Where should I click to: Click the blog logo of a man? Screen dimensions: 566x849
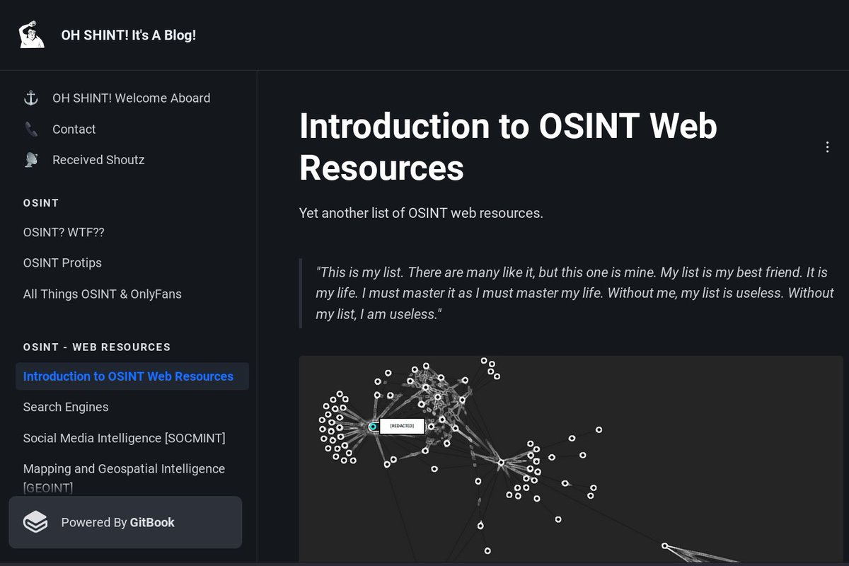click(x=31, y=35)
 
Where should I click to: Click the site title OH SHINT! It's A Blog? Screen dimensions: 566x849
click(x=128, y=35)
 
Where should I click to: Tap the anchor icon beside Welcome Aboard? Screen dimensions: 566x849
click(x=31, y=98)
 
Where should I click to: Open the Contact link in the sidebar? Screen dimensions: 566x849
click(x=74, y=129)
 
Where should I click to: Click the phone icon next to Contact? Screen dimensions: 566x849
click(x=31, y=129)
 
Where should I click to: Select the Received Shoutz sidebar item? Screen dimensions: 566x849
click(x=98, y=160)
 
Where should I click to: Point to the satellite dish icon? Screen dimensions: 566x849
click(x=31, y=160)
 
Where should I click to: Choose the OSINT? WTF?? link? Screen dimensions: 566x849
click(x=64, y=232)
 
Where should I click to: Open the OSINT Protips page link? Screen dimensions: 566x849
click(x=62, y=262)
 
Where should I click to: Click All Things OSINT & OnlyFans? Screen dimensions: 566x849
click(x=102, y=294)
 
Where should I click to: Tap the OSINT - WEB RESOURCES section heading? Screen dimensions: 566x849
click(x=97, y=347)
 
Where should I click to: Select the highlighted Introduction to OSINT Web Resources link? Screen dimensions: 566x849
click(x=128, y=376)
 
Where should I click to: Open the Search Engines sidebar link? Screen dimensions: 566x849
click(x=66, y=407)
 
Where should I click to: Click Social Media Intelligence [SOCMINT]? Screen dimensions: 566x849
click(x=124, y=438)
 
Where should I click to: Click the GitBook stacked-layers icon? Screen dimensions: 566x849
click(x=35, y=522)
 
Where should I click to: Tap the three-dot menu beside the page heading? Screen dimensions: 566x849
click(x=827, y=147)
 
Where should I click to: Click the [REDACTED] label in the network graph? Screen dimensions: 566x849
click(x=402, y=426)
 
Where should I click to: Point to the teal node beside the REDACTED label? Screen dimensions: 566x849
click(x=373, y=427)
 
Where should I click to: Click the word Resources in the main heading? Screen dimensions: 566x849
click(x=381, y=168)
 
